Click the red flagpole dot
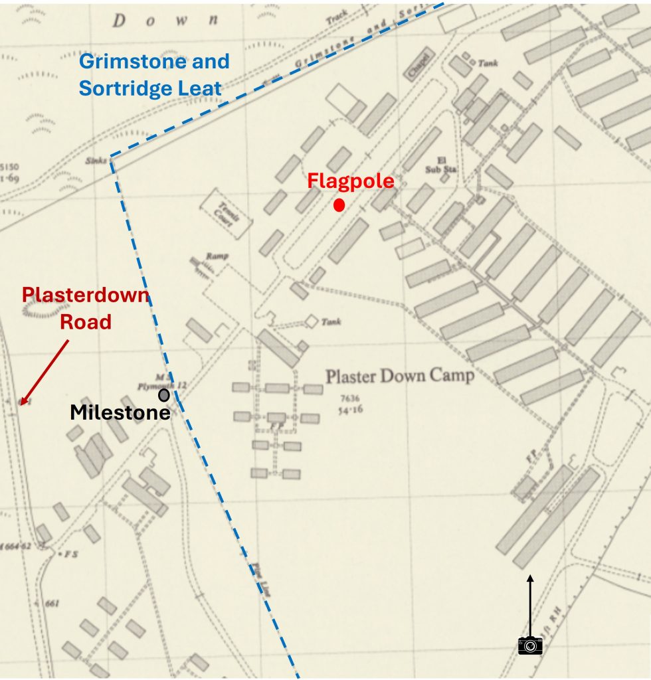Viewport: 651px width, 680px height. click(339, 205)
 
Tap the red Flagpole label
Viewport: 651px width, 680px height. click(350, 181)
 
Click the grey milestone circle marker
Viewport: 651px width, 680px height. click(163, 395)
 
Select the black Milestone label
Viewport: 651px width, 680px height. click(120, 412)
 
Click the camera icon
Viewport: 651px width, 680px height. click(530, 644)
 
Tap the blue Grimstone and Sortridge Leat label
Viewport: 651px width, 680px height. click(154, 74)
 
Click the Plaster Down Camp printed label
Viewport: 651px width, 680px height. click(400, 377)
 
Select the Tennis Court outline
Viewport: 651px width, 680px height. click(227, 212)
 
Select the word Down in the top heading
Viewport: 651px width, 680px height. click(165, 20)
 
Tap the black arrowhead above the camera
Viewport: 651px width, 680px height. click(529, 580)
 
